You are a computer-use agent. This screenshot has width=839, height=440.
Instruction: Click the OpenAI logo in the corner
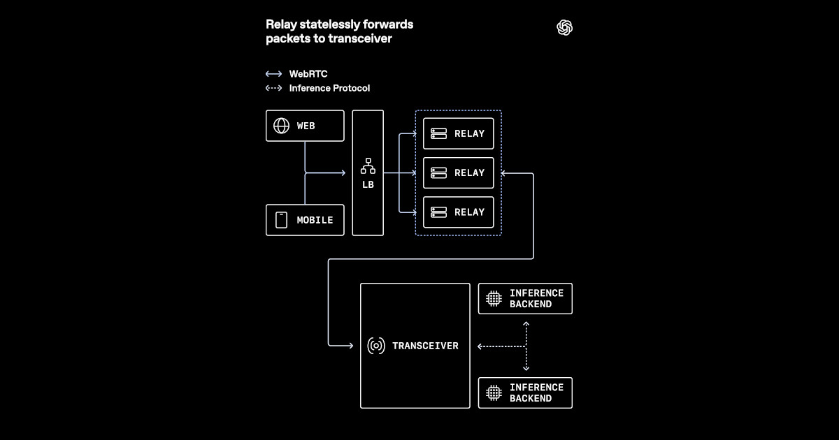pos(564,28)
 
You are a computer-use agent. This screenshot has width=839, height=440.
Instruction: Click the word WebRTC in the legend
pos(308,74)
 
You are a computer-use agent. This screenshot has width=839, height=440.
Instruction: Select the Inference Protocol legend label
pos(329,88)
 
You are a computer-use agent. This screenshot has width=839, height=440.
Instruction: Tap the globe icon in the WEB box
pos(281,126)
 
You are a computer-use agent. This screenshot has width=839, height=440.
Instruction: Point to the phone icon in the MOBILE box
pos(281,220)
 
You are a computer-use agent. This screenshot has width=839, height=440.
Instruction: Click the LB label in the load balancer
pos(368,184)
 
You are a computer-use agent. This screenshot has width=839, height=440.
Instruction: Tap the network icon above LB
pos(368,166)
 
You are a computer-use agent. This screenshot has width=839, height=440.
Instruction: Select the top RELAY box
pos(459,133)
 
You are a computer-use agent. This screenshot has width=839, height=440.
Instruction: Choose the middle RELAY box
pos(459,173)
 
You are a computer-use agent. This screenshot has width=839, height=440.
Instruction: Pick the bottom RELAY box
pos(459,212)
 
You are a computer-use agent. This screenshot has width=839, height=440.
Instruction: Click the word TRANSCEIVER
pos(425,346)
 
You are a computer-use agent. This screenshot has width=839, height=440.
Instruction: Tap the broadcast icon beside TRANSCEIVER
pos(376,346)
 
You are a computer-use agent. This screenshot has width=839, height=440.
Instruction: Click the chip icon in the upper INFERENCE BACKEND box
pos(494,299)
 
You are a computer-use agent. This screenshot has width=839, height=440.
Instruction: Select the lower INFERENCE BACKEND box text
pos(536,393)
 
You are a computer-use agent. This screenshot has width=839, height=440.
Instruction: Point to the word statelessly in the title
pos(326,24)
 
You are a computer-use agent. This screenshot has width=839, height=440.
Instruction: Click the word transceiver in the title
pos(360,38)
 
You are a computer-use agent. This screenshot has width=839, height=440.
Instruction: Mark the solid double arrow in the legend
pos(274,74)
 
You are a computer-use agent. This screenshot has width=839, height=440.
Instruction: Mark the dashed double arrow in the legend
pos(274,88)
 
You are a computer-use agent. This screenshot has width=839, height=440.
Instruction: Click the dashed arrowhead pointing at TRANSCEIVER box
pos(480,346)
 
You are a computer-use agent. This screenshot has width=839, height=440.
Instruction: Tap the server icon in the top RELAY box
pos(438,133)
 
